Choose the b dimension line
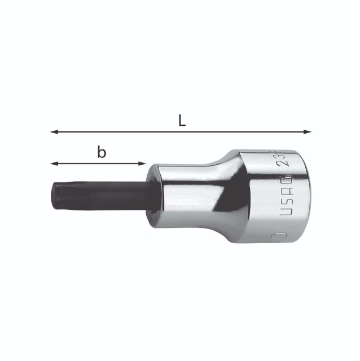98,164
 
